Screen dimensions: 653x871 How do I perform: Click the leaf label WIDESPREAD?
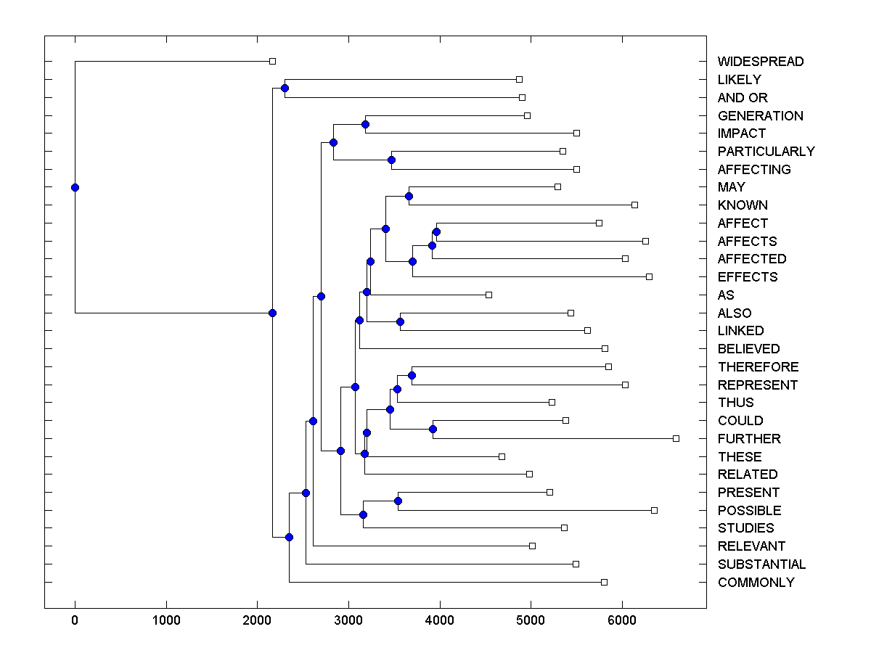click(760, 62)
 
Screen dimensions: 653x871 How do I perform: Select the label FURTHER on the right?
click(749, 439)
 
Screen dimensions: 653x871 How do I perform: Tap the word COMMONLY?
click(756, 583)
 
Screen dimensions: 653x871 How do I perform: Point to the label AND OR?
click(742, 98)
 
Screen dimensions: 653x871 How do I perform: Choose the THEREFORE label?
click(758, 367)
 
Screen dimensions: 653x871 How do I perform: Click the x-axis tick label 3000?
click(348, 620)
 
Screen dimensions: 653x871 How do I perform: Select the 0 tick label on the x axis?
click(75, 620)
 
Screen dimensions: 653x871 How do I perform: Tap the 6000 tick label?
click(622, 620)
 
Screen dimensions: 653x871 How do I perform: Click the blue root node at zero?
click(75, 187)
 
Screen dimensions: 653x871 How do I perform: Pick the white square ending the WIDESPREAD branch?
click(272, 62)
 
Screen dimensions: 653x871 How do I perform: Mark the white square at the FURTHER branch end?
click(676, 438)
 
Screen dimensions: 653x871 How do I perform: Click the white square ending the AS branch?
click(488, 295)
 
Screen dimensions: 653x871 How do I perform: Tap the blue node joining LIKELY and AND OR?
click(285, 89)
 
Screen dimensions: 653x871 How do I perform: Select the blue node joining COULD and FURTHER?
click(433, 430)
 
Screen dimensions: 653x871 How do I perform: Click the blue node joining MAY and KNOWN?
click(409, 196)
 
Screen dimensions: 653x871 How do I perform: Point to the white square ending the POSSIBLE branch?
click(654, 510)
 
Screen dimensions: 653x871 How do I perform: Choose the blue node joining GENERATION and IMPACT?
click(365, 125)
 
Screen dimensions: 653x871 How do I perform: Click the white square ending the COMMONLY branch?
click(604, 582)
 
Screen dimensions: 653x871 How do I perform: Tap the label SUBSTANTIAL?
click(761, 564)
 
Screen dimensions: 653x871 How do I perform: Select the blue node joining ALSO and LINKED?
click(400, 321)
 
